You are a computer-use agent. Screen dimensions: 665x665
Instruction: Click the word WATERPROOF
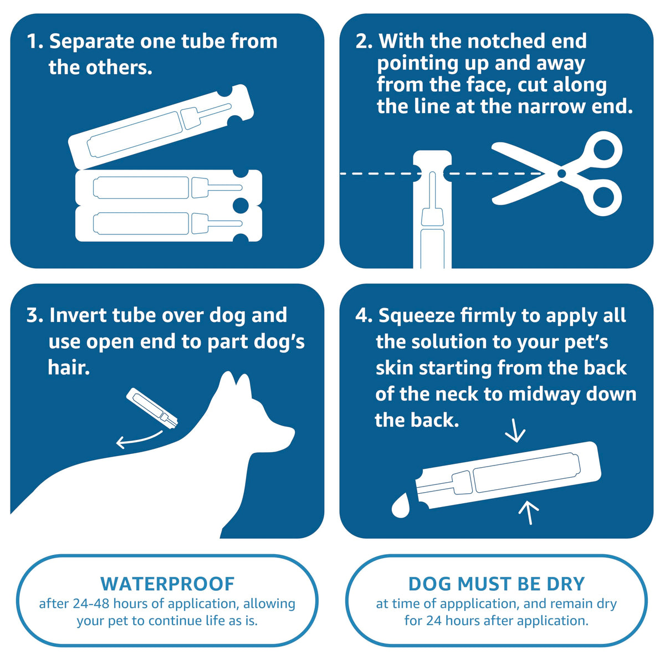tap(167, 584)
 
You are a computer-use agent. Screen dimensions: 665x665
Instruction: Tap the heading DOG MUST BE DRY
tap(496, 584)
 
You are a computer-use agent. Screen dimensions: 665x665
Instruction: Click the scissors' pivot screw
tap(561, 173)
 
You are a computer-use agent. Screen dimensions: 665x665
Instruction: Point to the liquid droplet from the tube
tap(401, 505)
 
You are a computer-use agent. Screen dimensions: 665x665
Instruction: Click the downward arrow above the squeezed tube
tap(515, 431)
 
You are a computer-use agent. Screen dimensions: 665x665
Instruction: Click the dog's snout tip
tap(293, 431)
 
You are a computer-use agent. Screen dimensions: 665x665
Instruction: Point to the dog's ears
tap(236, 383)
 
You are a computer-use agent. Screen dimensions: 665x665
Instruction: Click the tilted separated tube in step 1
tap(161, 126)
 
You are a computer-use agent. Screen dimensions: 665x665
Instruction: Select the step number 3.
tap(34, 315)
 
